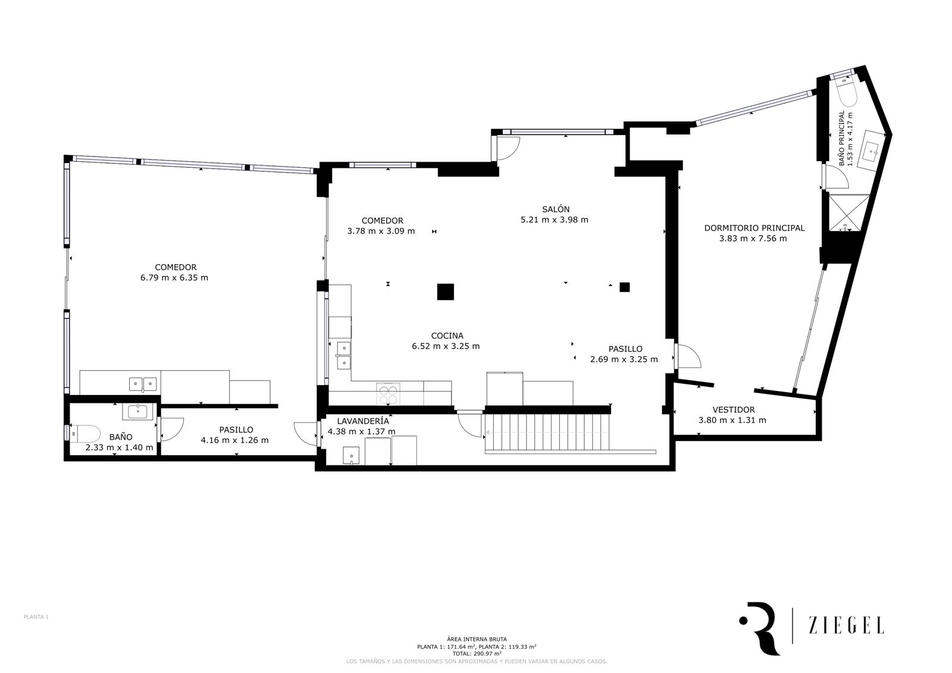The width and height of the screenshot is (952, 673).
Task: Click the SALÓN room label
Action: (556, 209)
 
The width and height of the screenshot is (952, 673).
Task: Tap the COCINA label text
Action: (447, 336)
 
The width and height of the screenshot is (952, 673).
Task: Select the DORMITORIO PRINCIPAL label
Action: (754, 228)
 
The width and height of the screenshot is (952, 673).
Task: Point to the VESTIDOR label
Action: (734, 410)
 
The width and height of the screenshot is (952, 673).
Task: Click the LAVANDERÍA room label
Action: (363, 421)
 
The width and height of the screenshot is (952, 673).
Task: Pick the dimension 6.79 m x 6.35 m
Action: (174, 278)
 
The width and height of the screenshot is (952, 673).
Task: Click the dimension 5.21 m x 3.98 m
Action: (555, 220)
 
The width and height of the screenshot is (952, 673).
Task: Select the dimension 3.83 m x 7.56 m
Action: (753, 239)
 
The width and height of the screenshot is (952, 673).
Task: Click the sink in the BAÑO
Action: (137, 412)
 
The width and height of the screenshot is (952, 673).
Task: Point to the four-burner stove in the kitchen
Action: (388, 393)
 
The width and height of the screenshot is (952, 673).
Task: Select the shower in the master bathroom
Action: (847, 212)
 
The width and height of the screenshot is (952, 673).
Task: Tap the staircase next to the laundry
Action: (547, 432)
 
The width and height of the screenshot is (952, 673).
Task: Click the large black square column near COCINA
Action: (446, 292)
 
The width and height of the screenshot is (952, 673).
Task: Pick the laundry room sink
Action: (352, 455)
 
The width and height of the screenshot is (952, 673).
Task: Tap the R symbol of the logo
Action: (763, 628)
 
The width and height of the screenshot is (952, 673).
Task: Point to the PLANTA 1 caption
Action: (36, 617)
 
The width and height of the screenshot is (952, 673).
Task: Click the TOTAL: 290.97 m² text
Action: (477, 653)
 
